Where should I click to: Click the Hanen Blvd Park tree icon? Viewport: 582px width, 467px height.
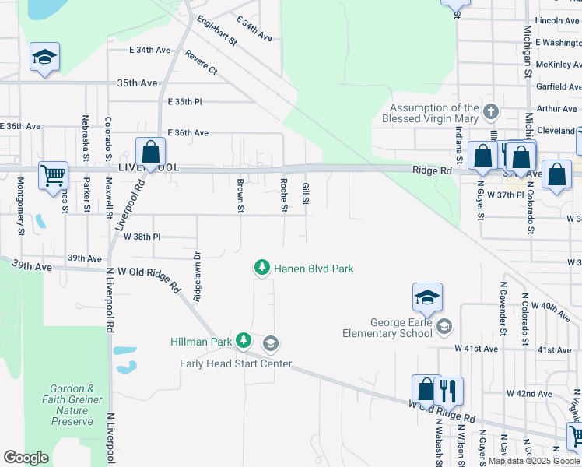coord(263,268)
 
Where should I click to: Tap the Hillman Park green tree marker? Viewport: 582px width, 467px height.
coord(244,341)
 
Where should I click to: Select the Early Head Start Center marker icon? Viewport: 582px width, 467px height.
coord(270,343)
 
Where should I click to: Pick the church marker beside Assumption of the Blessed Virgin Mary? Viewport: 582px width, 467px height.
coord(490,113)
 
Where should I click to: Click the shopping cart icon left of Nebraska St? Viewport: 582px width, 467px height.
coord(52,175)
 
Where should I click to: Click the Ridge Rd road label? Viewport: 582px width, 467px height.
coord(432,170)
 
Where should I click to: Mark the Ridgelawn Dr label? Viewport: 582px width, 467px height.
coord(196,265)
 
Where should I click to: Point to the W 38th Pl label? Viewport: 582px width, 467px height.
coord(142,237)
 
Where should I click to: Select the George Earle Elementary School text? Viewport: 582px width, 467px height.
coord(387,328)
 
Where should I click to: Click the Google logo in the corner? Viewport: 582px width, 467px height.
coord(26,457)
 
